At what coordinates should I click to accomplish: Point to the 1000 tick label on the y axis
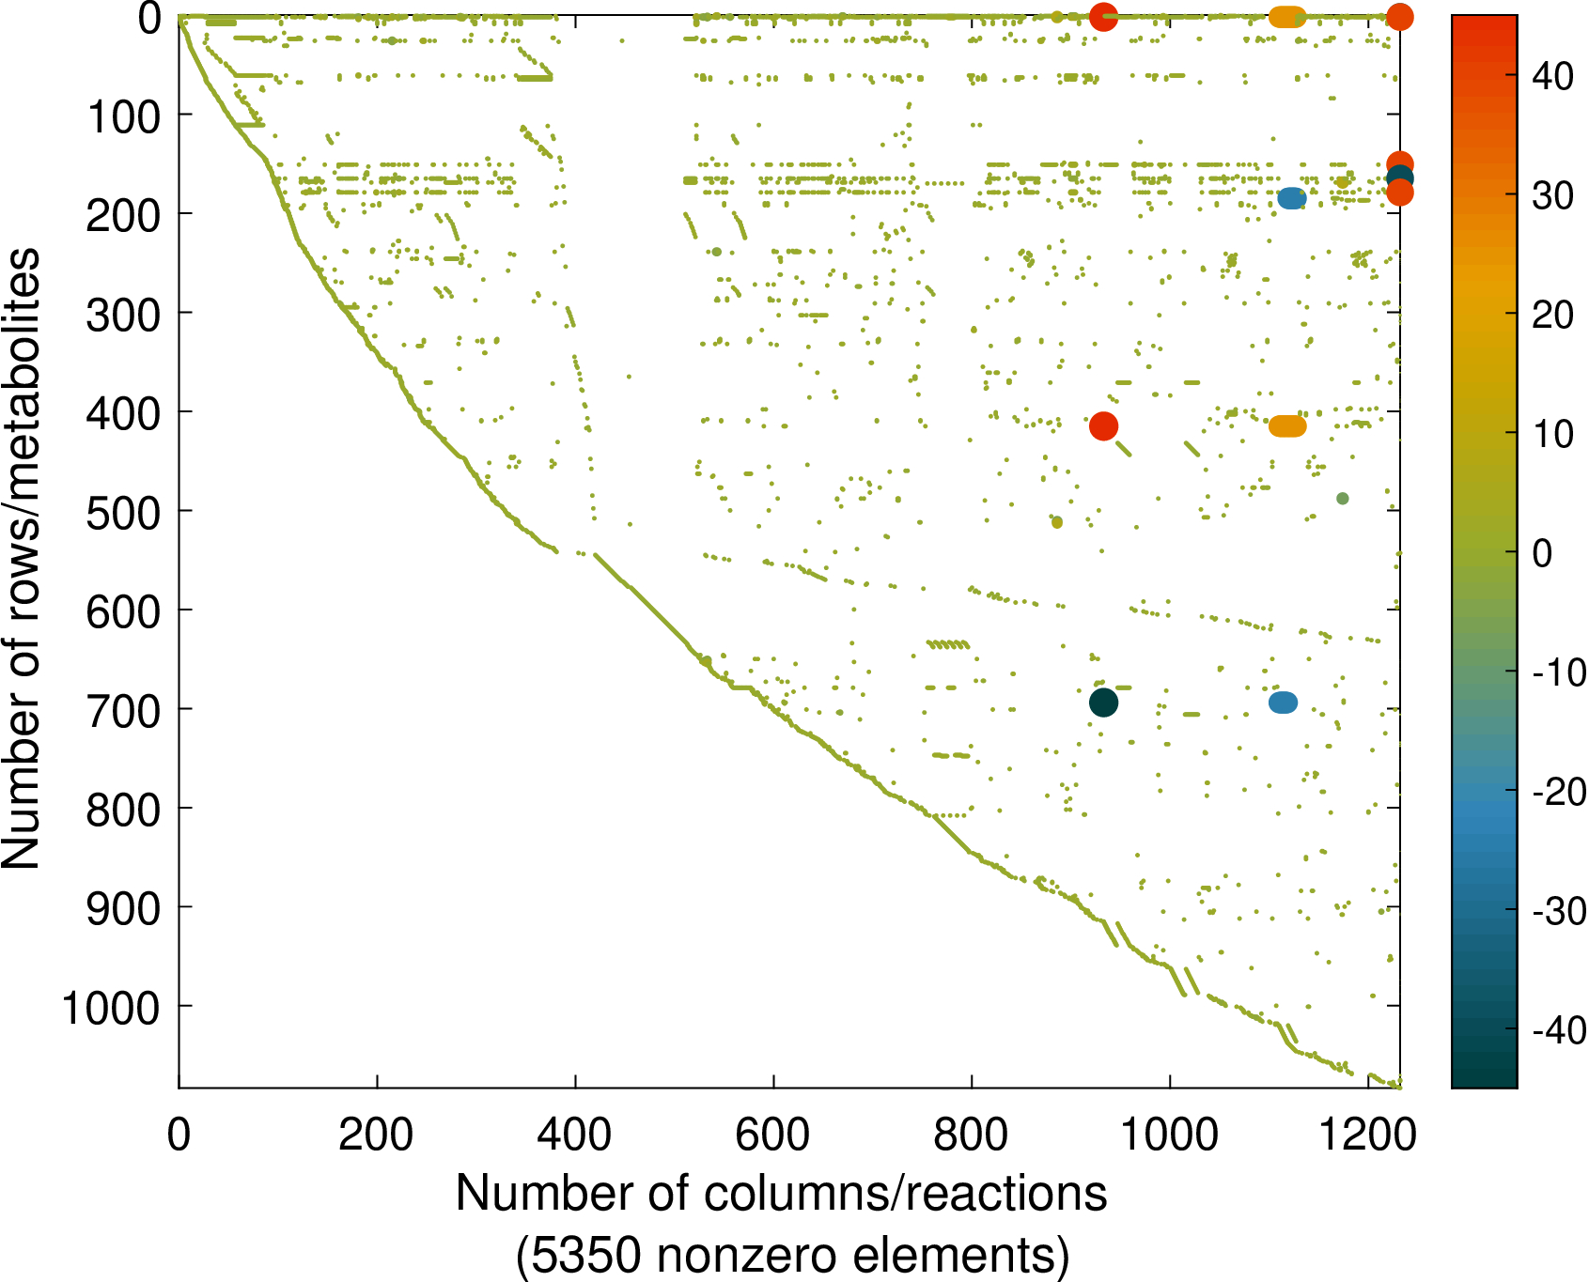(x=111, y=1008)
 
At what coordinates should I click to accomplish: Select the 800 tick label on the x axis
(x=971, y=1135)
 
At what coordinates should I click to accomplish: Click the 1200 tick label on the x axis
(x=1367, y=1135)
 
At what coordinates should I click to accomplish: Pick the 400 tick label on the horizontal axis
(x=574, y=1135)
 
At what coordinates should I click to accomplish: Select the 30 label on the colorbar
(x=1552, y=195)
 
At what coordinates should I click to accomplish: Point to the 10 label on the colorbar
(x=1552, y=434)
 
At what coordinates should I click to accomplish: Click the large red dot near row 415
(x=1103, y=425)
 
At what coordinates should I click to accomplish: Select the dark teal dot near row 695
(x=1103, y=702)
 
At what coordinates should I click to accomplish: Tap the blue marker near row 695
(x=1283, y=702)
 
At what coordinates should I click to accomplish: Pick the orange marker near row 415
(x=1287, y=425)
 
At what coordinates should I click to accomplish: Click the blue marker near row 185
(x=1292, y=197)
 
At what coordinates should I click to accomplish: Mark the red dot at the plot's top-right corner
(x=1399, y=16)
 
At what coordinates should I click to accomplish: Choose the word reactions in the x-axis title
(x=1009, y=1194)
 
